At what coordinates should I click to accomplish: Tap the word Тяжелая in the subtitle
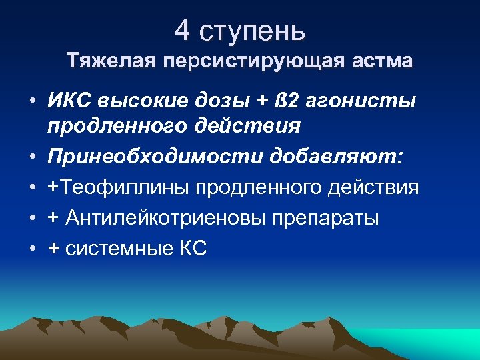[x=110, y=61]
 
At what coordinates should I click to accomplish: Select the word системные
[x=119, y=249]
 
